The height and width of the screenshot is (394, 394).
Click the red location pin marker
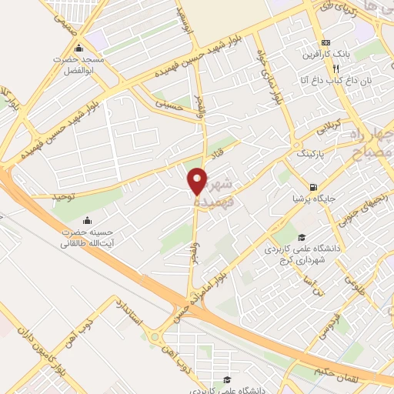click(198, 180)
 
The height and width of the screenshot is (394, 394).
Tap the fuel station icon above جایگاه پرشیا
click(312, 186)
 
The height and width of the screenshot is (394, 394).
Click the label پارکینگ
click(313, 153)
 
